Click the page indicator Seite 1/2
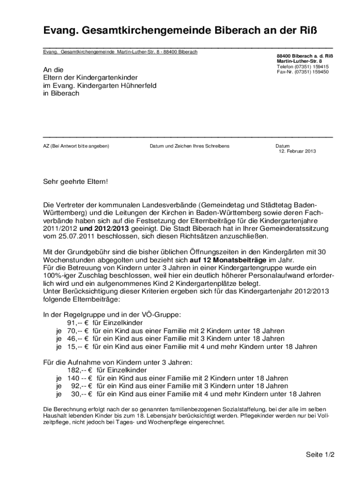click(x=321, y=455)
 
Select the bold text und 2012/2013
click(x=104, y=229)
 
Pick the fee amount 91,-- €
click(x=78, y=323)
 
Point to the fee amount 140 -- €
click(x=80, y=378)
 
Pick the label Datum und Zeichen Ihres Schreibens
click(x=189, y=146)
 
